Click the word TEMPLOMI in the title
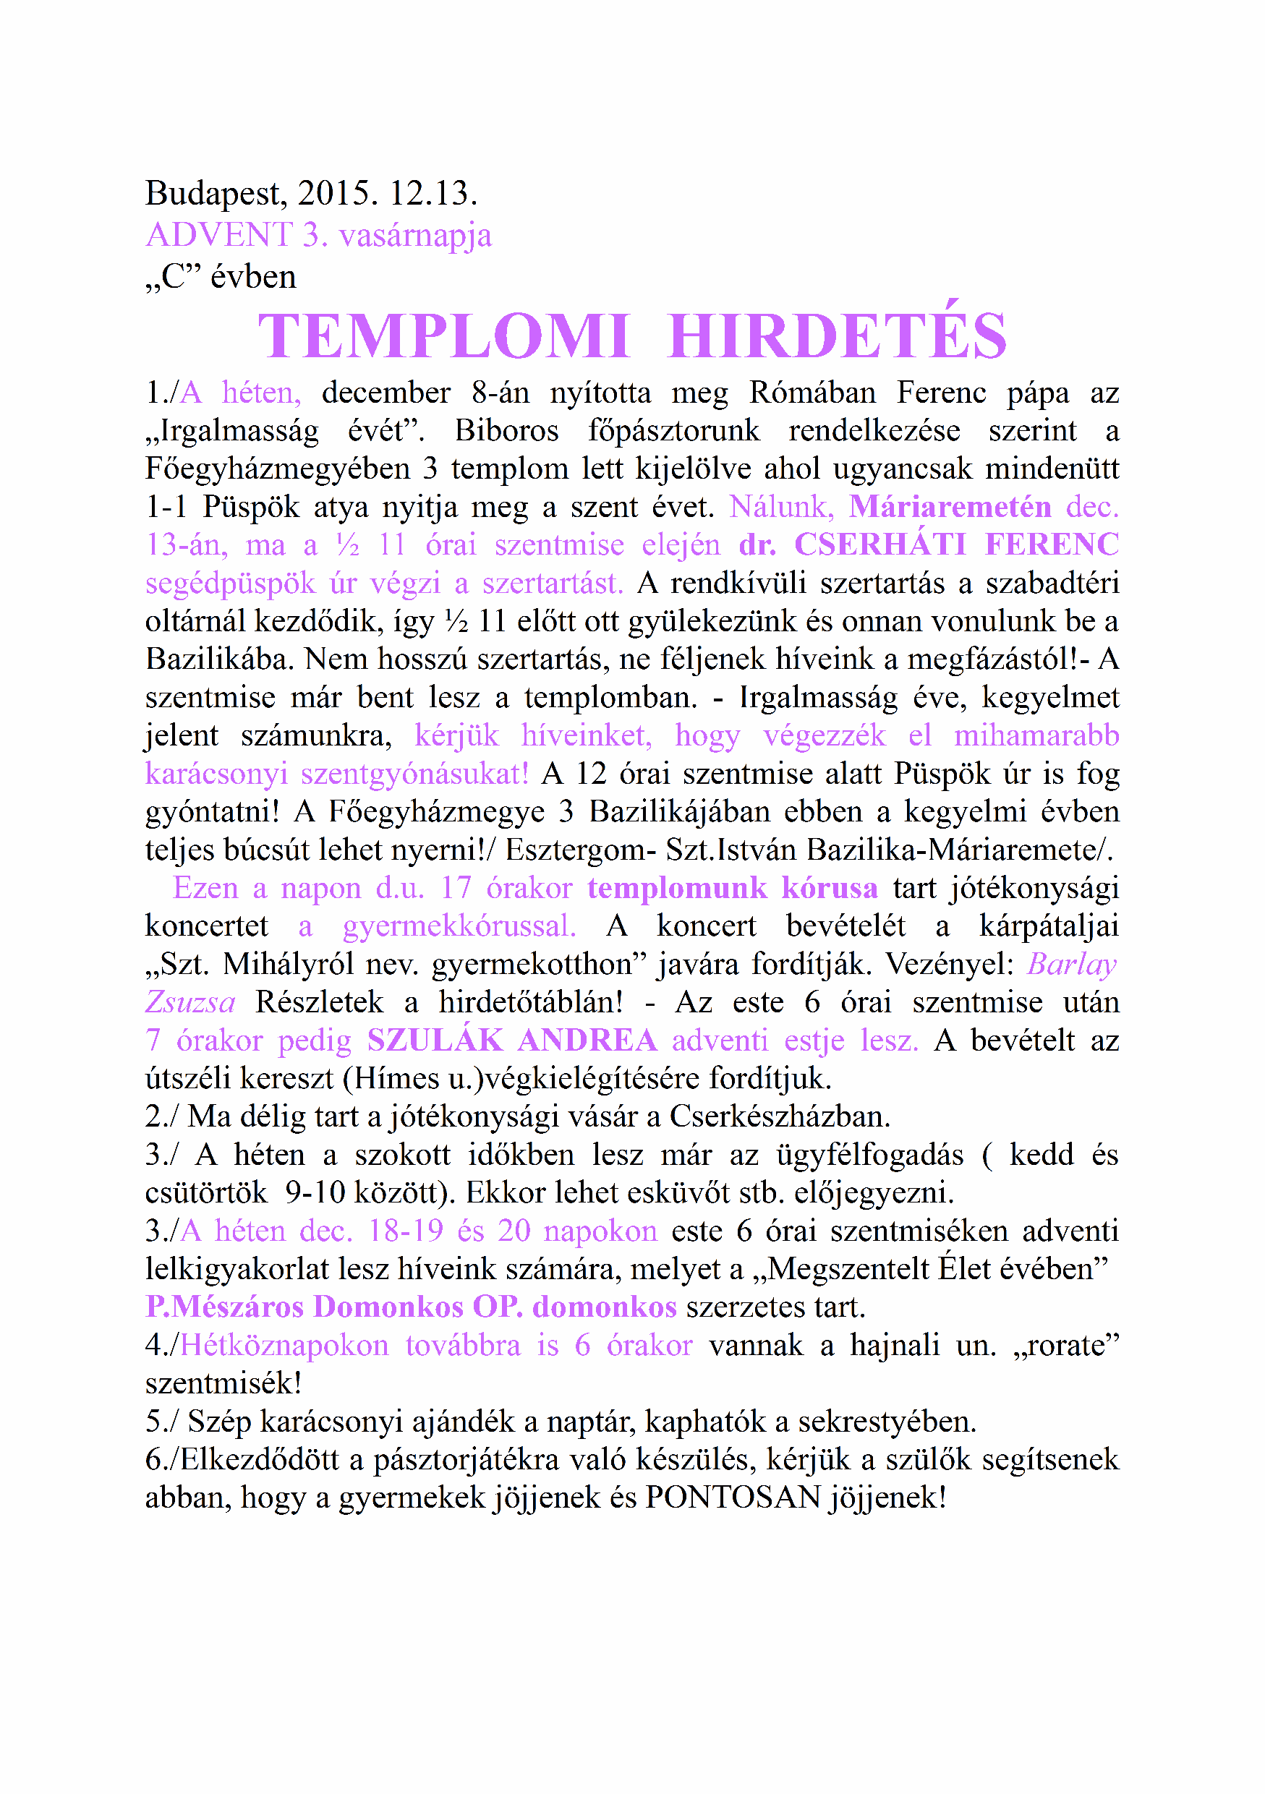tap(443, 336)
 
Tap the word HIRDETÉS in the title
tap(838, 336)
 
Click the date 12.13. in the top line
tap(433, 193)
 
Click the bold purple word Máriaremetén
tap(950, 506)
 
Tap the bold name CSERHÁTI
tap(880, 544)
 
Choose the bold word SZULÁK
tap(435, 1040)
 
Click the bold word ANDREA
tap(587, 1040)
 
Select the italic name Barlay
tap(1072, 964)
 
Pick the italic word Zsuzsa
tap(191, 1002)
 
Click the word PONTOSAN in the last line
tap(733, 1498)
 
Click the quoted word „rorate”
tap(1066, 1346)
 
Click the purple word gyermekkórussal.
tap(459, 926)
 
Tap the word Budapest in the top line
tap(213, 193)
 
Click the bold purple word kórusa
tap(829, 889)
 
